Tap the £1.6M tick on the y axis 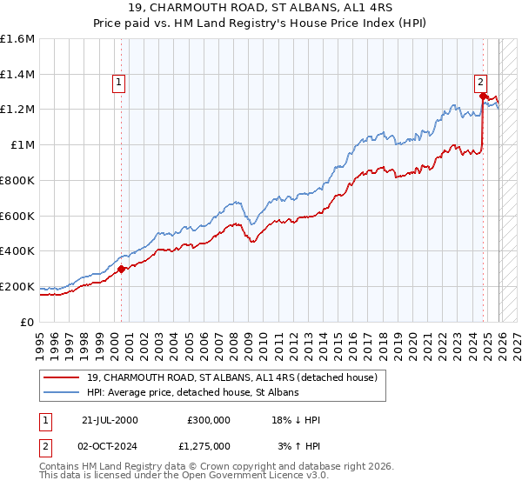pos(17,39)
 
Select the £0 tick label pos(28,322)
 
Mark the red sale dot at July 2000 pos(122,269)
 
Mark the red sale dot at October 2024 pos(483,97)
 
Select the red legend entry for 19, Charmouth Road pos(231,378)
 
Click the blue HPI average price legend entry pos(192,393)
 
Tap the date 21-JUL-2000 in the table pos(110,420)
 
